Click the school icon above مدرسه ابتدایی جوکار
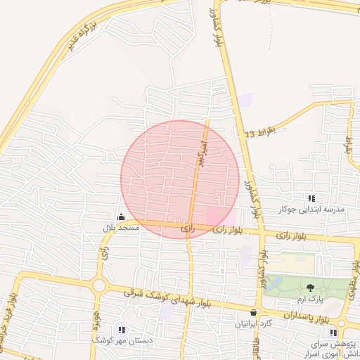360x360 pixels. coord(311,198)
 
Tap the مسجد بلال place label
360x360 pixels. coord(121,228)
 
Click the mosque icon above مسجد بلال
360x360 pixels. coord(121,217)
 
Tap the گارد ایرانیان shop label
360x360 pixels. coord(253,324)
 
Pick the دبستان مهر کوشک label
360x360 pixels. coord(122,341)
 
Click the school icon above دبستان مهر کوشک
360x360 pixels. coord(122,330)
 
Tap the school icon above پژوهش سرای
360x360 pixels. coord(333,333)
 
